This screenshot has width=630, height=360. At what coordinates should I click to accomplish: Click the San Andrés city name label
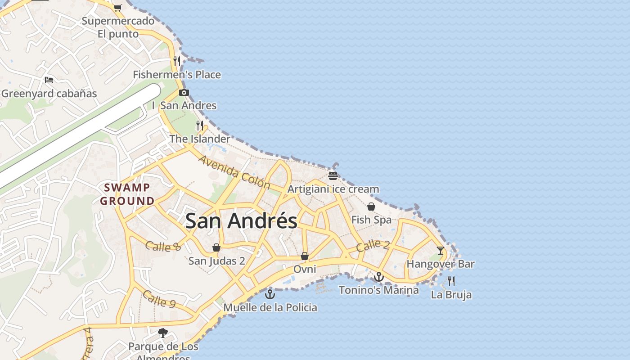[x=241, y=221]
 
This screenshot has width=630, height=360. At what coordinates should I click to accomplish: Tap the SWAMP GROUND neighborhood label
[x=127, y=194]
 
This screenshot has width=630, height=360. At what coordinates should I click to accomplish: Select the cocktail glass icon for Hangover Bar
[x=440, y=251]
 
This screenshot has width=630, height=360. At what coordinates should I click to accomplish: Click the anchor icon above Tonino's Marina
[x=379, y=277]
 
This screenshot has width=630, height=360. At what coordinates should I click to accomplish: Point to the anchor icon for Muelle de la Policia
[x=270, y=294]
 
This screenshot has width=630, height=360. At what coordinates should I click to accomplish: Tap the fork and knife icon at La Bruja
[x=451, y=282]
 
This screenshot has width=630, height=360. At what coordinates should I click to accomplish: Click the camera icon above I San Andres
[x=184, y=93]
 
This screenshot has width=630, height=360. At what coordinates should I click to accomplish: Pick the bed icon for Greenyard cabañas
[x=49, y=80]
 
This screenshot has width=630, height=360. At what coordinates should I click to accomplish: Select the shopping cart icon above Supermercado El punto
[x=118, y=7]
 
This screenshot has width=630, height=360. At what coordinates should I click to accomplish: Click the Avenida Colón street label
[x=234, y=172]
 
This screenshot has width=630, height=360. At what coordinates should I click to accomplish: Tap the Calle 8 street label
[x=163, y=246]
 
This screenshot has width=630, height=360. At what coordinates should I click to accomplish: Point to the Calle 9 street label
[x=159, y=299]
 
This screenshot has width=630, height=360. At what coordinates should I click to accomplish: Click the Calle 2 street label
[x=373, y=246]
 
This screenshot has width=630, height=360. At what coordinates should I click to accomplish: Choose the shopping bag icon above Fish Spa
[x=371, y=207]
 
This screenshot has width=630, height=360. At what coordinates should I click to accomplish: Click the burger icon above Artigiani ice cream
[x=333, y=175]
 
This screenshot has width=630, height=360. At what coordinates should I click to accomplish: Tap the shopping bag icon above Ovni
[x=305, y=256]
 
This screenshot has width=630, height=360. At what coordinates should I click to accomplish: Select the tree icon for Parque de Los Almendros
[x=163, y=333]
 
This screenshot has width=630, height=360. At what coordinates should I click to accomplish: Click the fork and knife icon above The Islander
[x=200, y=125]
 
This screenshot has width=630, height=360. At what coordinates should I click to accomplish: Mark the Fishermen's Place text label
[x=177, y=75]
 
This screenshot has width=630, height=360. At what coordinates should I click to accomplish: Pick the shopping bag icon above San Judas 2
[x=216, y=247]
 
